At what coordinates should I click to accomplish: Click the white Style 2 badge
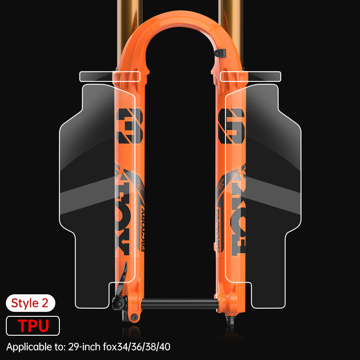point(30,303)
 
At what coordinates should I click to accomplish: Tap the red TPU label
point(33,325)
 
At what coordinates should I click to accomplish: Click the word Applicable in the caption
point(27,347)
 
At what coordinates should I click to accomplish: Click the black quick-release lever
point(119,288)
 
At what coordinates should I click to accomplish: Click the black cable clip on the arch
point(218,53)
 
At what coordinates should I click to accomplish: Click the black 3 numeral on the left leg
point(129,126)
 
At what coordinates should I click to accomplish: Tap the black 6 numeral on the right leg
point(231,126)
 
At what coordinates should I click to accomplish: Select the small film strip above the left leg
point(109,76)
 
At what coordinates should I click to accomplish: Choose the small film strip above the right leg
point(251,76)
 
